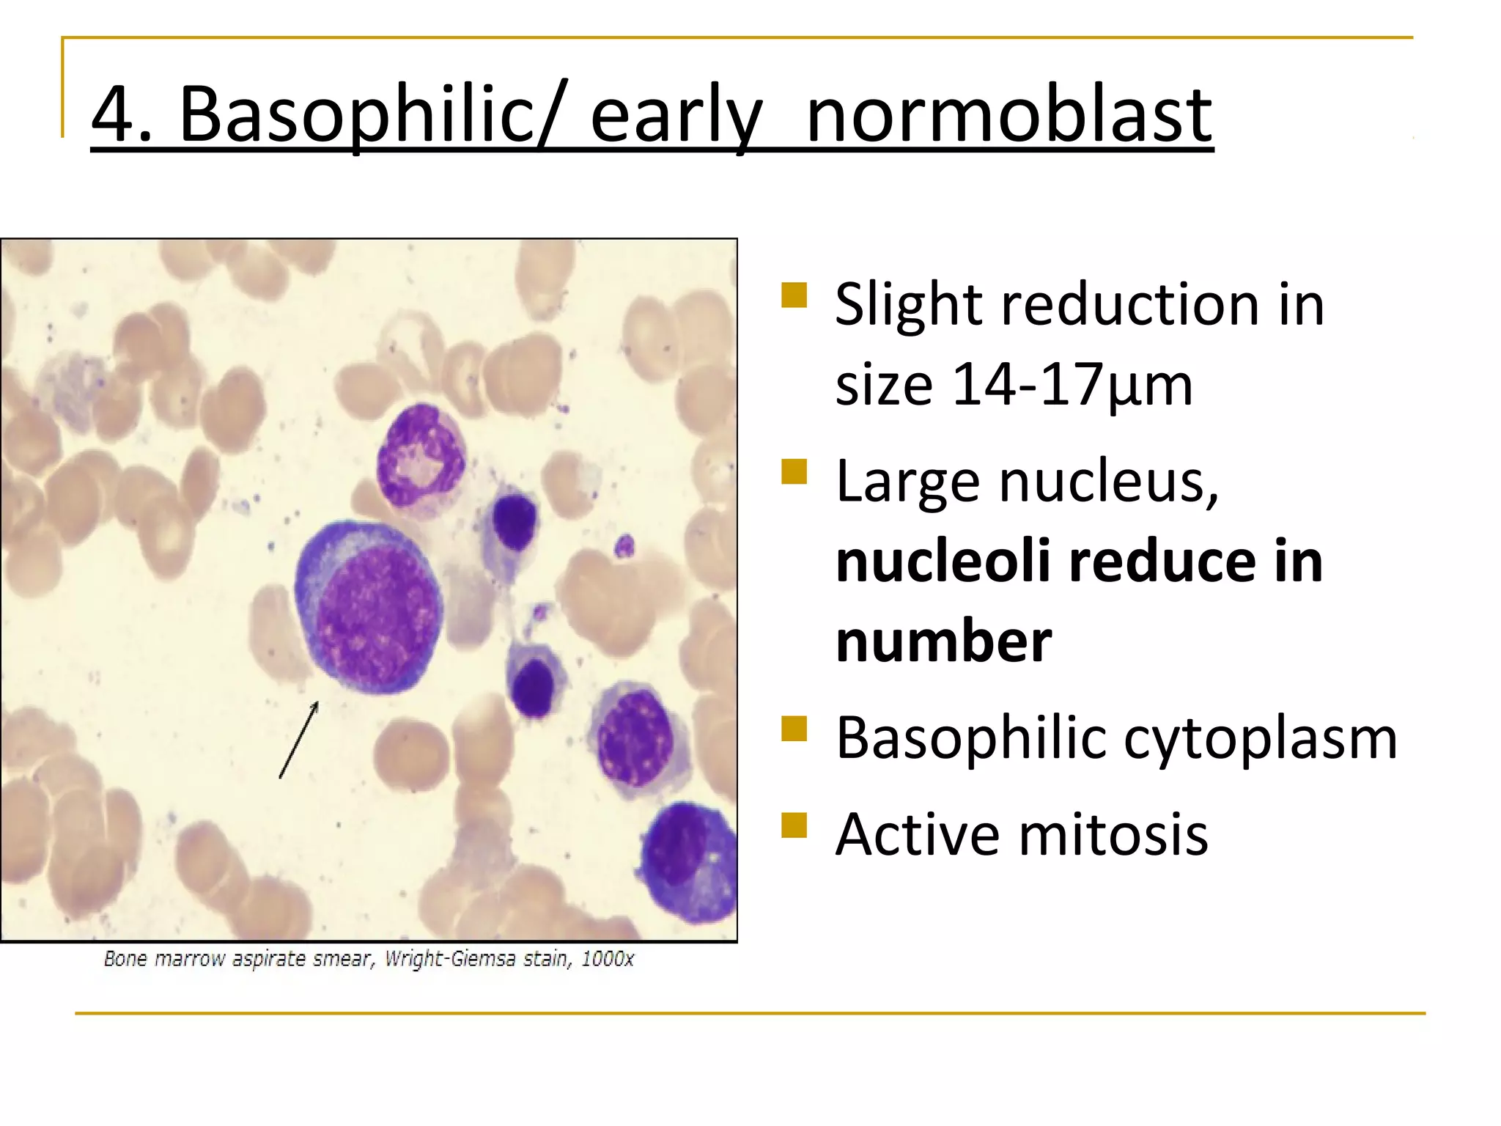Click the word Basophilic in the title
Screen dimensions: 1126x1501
point(356,116)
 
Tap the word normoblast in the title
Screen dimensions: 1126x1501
point(1008,116)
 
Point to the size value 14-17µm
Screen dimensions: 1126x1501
point(1072,384)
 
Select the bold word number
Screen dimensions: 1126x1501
point(944,642)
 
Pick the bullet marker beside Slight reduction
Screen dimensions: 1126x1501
point(794,295)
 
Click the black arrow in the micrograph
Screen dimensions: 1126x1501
point(299,739)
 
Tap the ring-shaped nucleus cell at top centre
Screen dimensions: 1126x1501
point(421,457)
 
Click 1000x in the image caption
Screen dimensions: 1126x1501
point(607,959)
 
